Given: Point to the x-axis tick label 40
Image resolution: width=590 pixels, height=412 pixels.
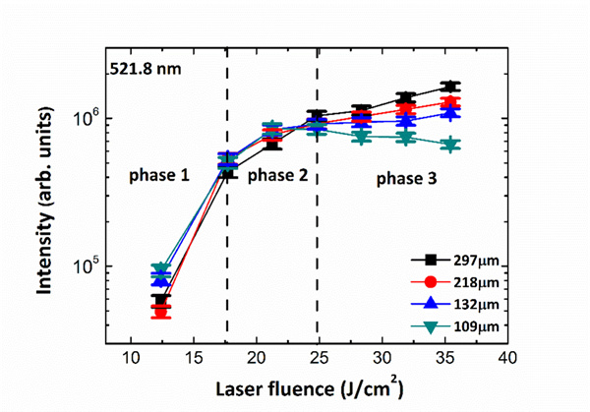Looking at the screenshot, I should [507, 359].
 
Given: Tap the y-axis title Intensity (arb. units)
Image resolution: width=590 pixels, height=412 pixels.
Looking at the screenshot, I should [46, 197].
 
